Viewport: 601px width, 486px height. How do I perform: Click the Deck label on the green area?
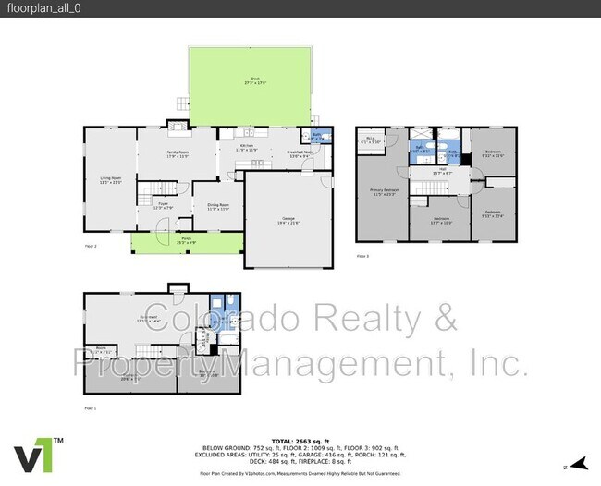point(254,81)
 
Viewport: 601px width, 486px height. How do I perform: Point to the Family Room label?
point(178,152)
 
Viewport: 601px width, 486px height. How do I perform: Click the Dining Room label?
point(216,207)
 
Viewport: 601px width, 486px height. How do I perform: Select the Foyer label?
point(162,205)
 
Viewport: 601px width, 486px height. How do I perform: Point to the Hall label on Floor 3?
point(442,171)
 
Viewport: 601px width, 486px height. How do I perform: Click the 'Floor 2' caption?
point(91,247)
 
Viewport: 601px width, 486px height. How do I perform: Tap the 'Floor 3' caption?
point(363,256)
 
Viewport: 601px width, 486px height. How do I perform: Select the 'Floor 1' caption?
point(91,407)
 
